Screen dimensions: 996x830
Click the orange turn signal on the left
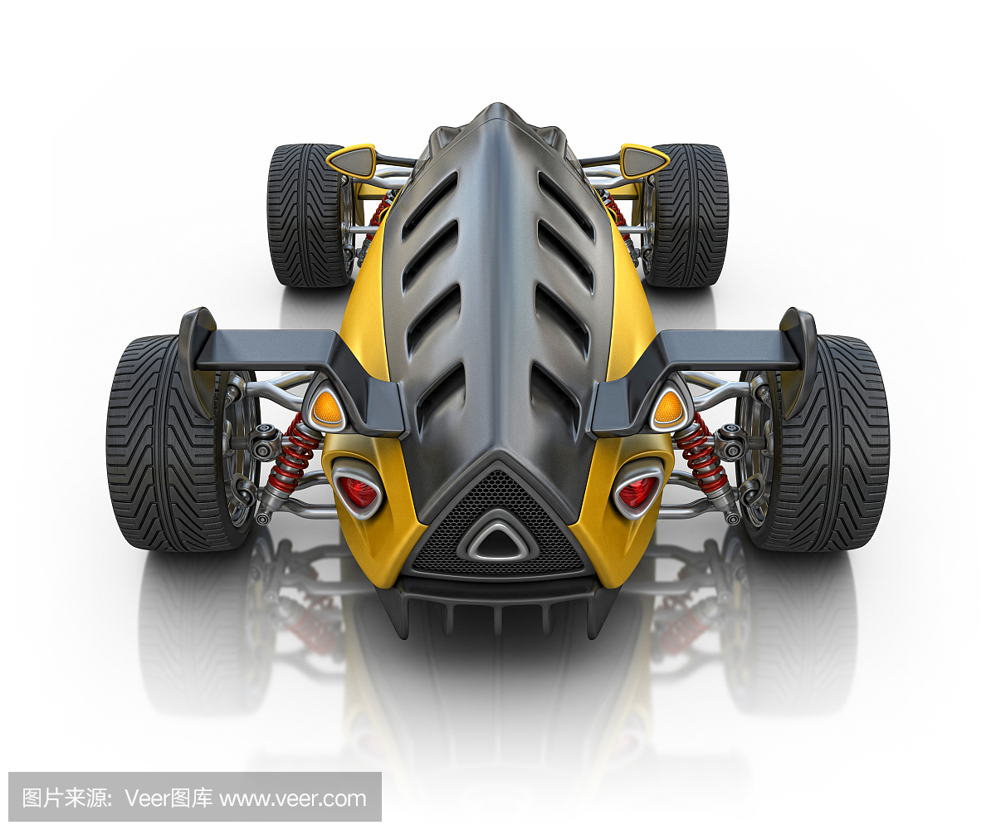pos(326,407)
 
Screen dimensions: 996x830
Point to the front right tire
pos(687,215)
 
